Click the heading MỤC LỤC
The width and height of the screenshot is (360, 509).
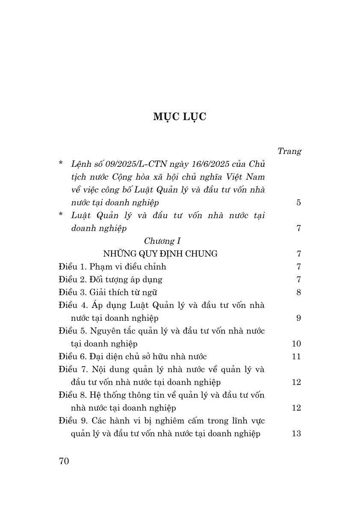point(180,117)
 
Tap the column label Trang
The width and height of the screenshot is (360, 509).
point(289,151)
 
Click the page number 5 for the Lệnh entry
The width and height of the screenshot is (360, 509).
point(298,202)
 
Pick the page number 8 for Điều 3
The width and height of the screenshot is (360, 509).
point(298,292)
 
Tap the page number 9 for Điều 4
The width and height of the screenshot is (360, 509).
point(298,318)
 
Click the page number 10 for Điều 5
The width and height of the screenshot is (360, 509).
point(296,343)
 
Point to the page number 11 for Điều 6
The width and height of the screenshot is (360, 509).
point(296,356)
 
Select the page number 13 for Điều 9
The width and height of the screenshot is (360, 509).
point(296,433)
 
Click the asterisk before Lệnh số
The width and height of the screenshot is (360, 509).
point(61,164)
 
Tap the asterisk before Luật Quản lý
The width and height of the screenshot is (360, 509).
point(61,215)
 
